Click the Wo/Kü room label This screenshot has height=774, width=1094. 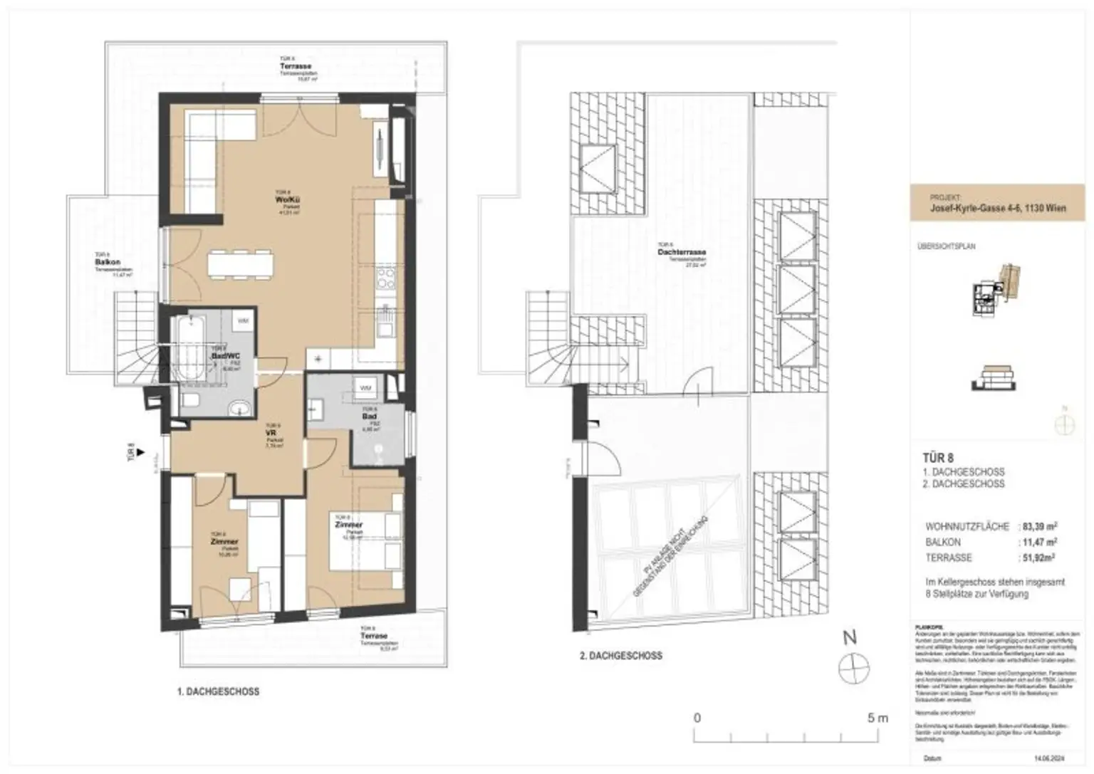[284, 200]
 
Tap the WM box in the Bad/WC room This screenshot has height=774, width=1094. [243, 321]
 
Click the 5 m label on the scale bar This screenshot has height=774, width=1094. [877, 718]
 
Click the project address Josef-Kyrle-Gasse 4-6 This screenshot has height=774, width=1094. [996, 209]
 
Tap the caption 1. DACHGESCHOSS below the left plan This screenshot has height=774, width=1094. [218, 691]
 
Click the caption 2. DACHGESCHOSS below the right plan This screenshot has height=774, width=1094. [620, 656]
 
